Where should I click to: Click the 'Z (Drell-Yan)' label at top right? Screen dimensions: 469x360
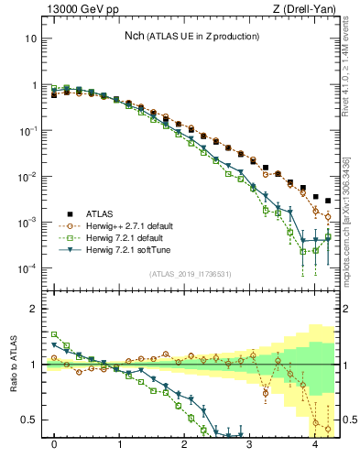click(x=308, y=10)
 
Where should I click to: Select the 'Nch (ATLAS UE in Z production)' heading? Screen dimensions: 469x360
click(x=191, y=36)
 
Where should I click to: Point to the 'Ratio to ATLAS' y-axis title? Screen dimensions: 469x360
click(x=13, y=364)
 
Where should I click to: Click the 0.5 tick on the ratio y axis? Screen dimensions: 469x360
click(x=30, y=420)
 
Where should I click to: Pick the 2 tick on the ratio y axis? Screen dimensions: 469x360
click(x=35, y=309)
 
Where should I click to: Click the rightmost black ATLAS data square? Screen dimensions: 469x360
click(x=328, y=201)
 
